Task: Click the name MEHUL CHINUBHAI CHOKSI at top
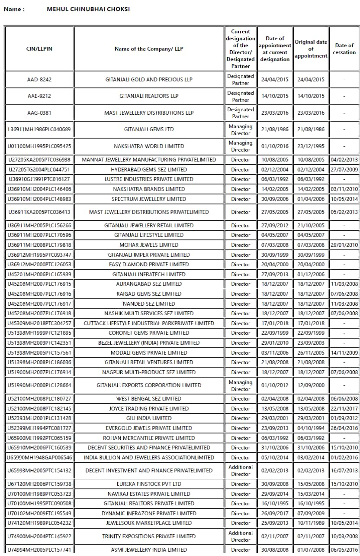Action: (88, 9)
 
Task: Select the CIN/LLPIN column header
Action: (39, 49)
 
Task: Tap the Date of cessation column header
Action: (344, 49)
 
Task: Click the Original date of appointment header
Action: (311, 49)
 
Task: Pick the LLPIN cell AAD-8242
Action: (39, 80)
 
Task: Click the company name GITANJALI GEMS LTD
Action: (149, 129)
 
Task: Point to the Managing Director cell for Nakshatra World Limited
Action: (241, 146)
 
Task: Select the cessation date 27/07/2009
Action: (344, 169)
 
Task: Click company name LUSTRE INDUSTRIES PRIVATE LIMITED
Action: (149, 179)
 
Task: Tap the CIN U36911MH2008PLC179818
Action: (39, 245)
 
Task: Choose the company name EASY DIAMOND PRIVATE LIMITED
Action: (149, 265)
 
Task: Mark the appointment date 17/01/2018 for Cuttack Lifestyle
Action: (275, 323)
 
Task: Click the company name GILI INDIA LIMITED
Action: (149, 418)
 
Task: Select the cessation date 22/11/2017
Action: (344, 409)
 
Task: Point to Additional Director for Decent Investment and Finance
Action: (241, 471)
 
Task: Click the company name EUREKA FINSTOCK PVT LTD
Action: (149, 484)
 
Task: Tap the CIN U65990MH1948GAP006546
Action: (39, 458)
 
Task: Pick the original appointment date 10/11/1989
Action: (311, 523)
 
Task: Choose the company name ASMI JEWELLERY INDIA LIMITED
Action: (149, 550)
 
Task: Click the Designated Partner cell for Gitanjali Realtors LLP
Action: (241, 96)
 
